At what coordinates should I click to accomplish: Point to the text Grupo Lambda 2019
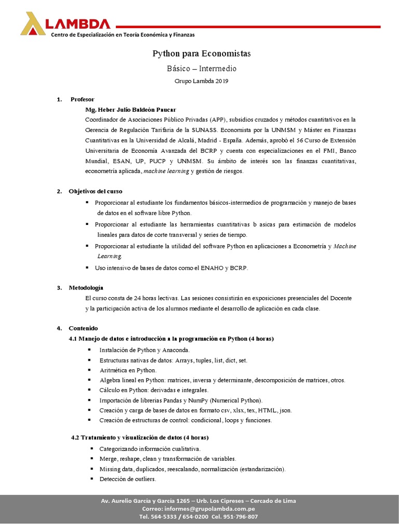coord(201,81)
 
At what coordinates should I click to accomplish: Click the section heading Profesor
coord(82,99)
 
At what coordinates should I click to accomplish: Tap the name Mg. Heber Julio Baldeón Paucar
coord(130,110)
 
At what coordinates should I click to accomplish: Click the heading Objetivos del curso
coord(96,192)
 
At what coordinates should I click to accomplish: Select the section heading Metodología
coord(86,287)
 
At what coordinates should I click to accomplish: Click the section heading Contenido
coord(83,328)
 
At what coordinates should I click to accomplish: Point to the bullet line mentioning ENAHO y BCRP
coord(172,268)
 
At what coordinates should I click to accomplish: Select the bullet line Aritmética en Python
coord(128,370)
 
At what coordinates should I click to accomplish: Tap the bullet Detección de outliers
coord(127,479)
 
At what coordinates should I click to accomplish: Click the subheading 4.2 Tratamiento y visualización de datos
coord(140,437)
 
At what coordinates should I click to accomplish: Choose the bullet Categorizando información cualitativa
coord(150,448)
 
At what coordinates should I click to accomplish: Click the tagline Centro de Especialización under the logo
coord(122,35)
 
